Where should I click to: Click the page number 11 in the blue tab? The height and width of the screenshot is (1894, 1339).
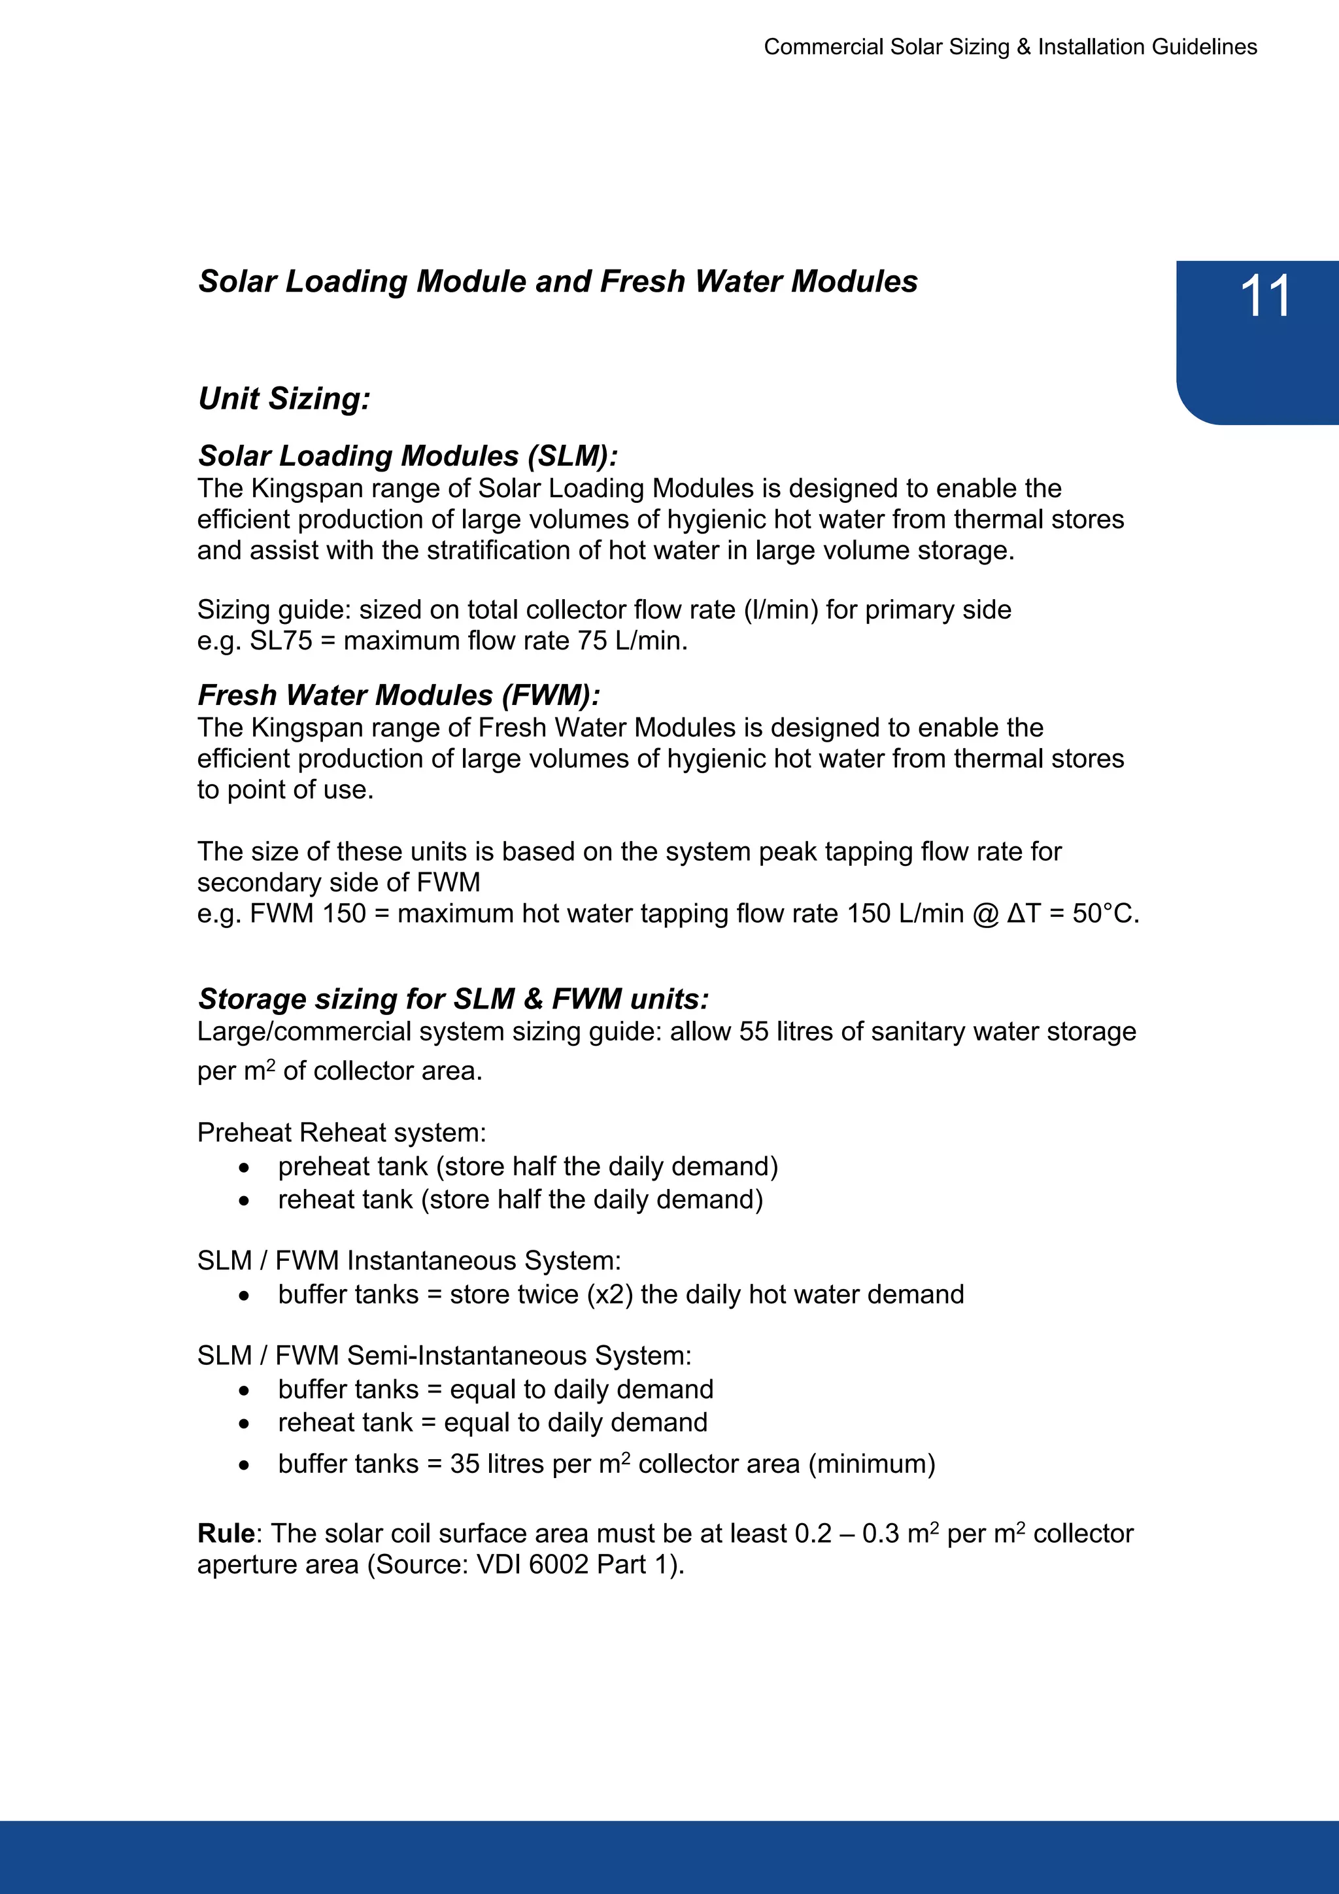pyautogui.click(x=1265, y=296)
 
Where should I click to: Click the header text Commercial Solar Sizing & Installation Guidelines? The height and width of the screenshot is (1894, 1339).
pyautogui.click(x=1010, y=47)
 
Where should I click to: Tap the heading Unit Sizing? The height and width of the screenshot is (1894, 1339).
pyautogui.click(x=284, y=398)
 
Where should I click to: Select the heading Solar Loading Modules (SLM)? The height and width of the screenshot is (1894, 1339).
pyautogui.click(x=408, y=455)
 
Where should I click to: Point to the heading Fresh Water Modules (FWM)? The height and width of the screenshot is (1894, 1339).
pyautogui.click(x=399, y=695)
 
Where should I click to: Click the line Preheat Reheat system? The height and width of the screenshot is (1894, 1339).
pyautogui.click(x=341, y=1133)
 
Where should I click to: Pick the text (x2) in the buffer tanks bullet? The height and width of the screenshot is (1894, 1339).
pyautogui.click(x=610, y=1294)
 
